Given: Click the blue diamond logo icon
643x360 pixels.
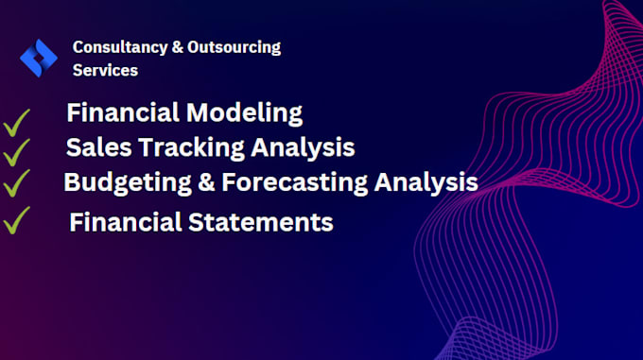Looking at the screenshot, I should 39,58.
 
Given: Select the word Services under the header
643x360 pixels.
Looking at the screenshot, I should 105,70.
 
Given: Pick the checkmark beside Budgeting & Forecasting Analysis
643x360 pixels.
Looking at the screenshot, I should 16,182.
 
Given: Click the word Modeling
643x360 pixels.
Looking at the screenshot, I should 243,113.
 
